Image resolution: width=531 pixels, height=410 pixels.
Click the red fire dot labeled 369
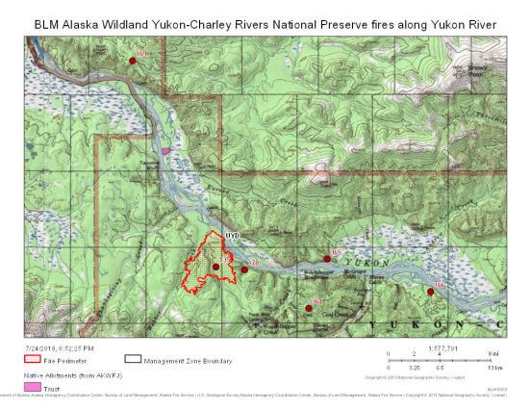tap(133, 61)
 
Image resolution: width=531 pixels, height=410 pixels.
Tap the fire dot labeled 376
tap(244, 269)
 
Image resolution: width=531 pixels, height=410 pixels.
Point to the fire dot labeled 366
tap(429, 291)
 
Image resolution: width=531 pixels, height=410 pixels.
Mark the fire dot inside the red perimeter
tap(216, 267)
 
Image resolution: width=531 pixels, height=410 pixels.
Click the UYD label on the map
tap(231, 236)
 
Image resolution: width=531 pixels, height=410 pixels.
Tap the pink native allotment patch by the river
tap(165, 151)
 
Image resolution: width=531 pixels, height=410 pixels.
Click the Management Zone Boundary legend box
tap(133, 360)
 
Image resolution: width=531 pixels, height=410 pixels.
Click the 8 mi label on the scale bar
tap(493, 355)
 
